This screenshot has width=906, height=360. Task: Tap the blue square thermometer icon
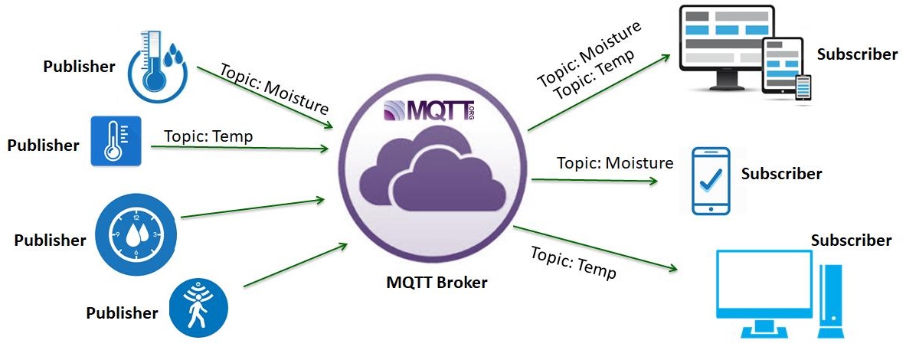113,142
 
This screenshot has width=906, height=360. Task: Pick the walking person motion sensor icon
199,306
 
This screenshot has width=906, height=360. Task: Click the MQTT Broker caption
437,283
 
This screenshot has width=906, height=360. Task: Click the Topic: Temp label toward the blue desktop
574,262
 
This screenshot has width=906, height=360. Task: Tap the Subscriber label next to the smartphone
781,174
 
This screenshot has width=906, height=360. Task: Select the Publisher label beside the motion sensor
122,313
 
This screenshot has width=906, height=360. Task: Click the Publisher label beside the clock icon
50,241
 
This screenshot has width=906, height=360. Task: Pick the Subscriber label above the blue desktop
851,241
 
